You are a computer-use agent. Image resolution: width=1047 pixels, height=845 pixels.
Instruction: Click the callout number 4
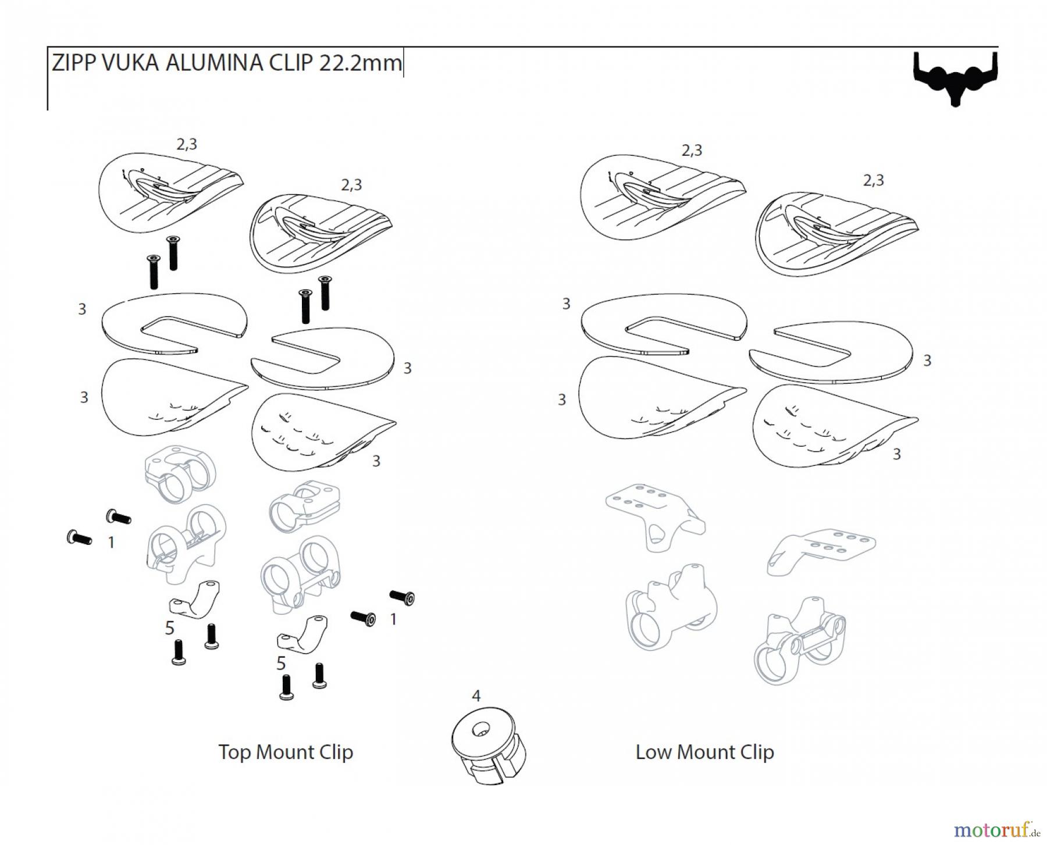pyautogui.click(x=476, y=696)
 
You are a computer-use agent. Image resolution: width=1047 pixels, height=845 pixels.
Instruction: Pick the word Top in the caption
pyautogui.click(x=234, y=752)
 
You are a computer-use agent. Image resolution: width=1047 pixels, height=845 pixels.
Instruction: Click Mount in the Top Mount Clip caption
pyautogui.click(x=285, y=752)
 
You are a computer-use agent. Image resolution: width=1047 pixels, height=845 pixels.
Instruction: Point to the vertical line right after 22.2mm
pyautogui.click(x=403, y=62)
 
